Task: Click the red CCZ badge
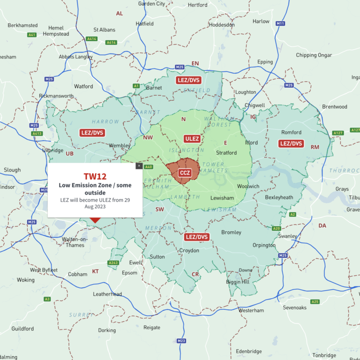click(185, 173)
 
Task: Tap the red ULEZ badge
click(192, 139)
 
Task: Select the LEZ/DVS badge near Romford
click(291, 143)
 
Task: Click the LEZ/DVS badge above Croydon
click(196, 237)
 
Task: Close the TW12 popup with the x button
click(139, 165)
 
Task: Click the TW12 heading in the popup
click(95, 176)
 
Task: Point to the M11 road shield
click(280, 23)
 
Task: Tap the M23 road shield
click(181, 340)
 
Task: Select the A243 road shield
click(113, 263)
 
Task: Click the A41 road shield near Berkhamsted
click(32, 35)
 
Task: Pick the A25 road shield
click(315, 301)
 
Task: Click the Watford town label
click(83, 87)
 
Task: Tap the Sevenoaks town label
click(294, 307)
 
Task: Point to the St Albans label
click(104, 30)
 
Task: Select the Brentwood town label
click(335, 107)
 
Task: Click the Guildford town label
click(22, 329)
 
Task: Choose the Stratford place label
click(226, 153)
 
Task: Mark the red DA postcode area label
click(322, 225)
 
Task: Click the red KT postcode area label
click(95, 271)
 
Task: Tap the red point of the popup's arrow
click(95, 222)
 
